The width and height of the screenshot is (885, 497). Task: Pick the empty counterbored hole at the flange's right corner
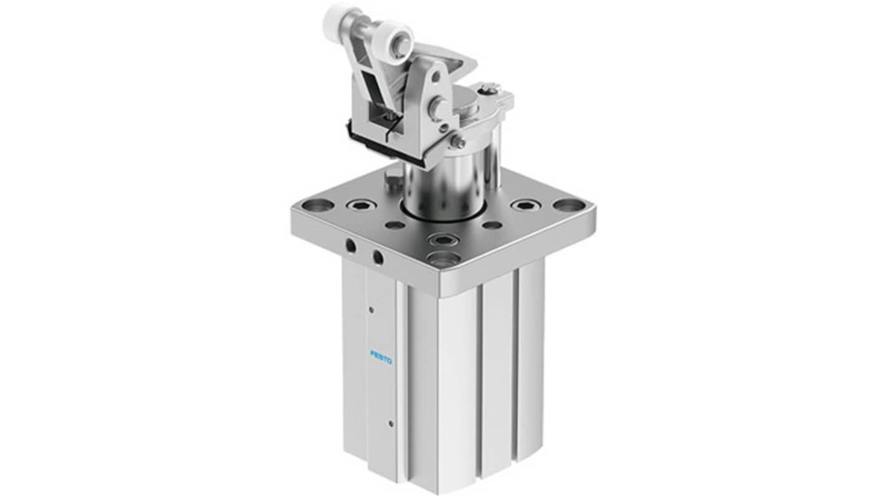pos(565,205)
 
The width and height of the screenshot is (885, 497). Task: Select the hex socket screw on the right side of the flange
pos(524,205)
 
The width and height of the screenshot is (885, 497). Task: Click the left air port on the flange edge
pos(350,246)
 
